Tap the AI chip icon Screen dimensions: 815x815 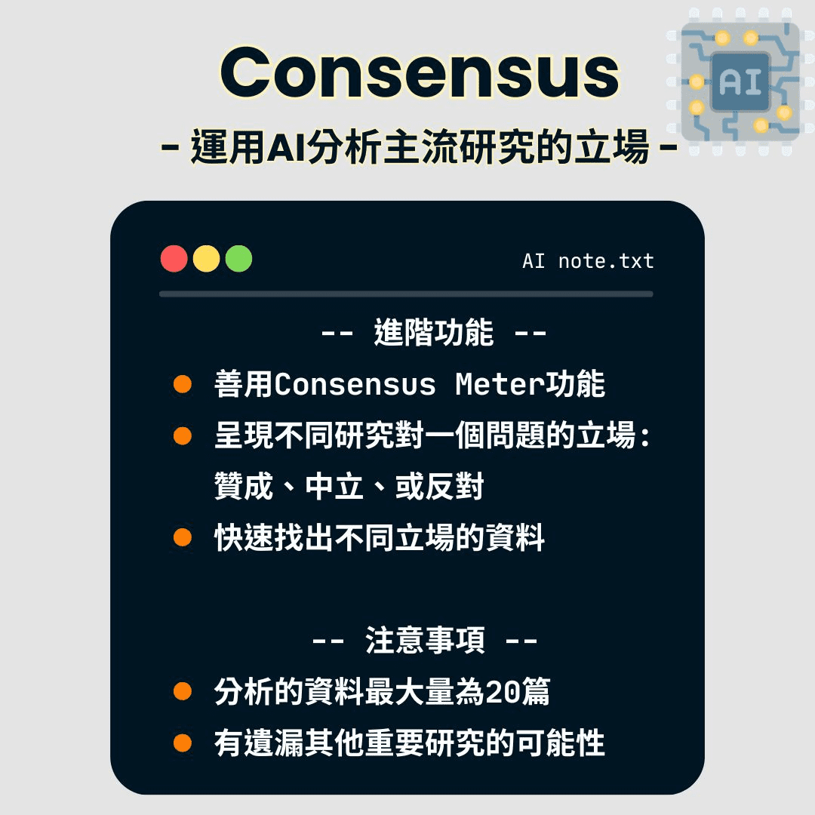point(740,81)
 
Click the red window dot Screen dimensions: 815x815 point(174,259)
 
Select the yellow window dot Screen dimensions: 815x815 point(207,259)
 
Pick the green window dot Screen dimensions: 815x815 point(238,259)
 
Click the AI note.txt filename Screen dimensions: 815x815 point(588,262)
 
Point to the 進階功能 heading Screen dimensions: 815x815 point(434,333)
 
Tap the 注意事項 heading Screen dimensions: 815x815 point(425,641)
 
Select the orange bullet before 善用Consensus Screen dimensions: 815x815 point(183,385)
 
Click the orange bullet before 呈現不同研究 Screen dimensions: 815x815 point(183,436)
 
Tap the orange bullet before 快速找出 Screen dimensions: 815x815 point(183,538)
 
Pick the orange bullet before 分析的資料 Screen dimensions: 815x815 point(183,692)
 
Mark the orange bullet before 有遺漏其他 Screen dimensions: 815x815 point(183,743)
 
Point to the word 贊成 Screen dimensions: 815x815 point(243,487)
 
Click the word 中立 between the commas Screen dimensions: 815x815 point(335,487)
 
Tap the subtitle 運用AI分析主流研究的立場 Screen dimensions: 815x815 point(420,147)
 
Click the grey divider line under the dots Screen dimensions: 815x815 point(406,294)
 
